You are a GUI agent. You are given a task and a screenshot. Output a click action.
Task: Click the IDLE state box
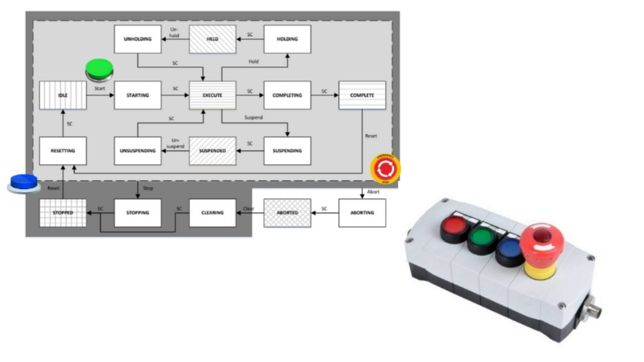[x=62, y=95]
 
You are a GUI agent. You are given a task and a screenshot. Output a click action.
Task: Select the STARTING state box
[x=138, y=95]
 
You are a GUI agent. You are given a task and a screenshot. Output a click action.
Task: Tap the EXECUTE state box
[x=213, y=95]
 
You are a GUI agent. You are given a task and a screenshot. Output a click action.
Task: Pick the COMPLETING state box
[x=287, y=95]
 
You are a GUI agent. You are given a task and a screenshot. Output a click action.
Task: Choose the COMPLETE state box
[x=362, y=95]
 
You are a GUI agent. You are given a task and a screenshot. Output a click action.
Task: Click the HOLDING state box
[x=287, y=40]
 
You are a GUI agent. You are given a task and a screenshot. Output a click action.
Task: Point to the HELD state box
[x=213, y=40]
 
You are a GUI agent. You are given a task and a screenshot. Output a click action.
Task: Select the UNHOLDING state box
[x=138, y=40]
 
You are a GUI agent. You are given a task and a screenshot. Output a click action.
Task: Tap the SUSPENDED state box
[x=213, y=151]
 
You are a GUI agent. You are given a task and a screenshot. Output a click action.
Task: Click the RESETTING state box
[x=62, y=151]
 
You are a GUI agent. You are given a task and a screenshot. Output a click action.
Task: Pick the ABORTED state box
[x=287, y=213]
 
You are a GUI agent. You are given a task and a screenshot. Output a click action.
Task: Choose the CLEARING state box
[x=213, y=213]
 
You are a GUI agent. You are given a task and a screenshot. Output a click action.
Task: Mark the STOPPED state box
[x=62, y=213]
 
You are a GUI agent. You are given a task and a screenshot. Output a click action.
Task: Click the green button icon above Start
[x=99, y=68]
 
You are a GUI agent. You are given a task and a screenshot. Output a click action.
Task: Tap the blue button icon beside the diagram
[x=24, y=182]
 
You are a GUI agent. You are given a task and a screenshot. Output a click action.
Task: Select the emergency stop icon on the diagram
[x=386, y=168]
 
